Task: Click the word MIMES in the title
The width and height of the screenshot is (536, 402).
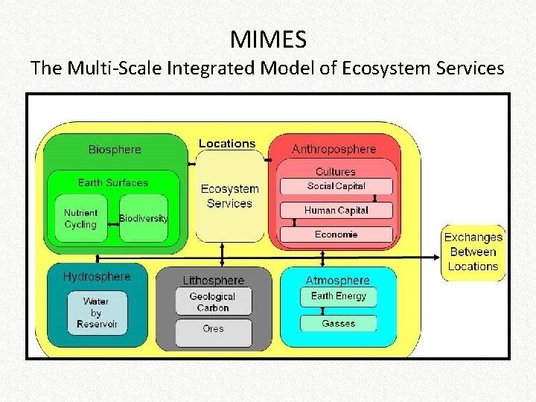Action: coord(268,38)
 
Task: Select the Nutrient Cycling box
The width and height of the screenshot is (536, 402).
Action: coord(80,218)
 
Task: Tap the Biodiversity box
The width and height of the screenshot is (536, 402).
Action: coord(144,218)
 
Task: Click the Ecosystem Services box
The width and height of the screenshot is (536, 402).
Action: coord(229,197)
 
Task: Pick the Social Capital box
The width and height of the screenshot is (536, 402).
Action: coord(336,186)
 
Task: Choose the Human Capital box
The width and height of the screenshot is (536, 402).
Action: coord(336,210)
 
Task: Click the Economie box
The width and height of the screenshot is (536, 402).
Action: coord(336,234)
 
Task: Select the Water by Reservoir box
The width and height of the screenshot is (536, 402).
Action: coord(96,313)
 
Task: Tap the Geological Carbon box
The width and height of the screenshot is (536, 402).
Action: coord(212,301)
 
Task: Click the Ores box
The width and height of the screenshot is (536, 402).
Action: coord(212,328)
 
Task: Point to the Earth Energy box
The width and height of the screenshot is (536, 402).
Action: coord(339,296)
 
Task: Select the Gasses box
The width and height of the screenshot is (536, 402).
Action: coord(339,324)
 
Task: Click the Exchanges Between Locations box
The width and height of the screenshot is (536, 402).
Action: coord(473,252)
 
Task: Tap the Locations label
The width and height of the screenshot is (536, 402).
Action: coord(227,144)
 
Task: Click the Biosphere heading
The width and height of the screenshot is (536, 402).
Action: coord(115,150)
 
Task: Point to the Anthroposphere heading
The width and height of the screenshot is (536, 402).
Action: coord(334,150)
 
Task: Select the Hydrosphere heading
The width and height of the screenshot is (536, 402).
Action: coord(97,277)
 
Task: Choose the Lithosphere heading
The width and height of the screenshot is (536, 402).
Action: coord(213,281)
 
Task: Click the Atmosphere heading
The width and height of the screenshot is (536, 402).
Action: coord(337,281)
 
